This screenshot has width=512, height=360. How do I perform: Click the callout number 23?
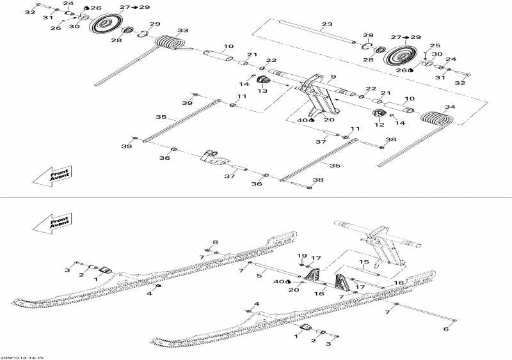pos(327,24)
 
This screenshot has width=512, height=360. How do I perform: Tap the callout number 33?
pos(183,30)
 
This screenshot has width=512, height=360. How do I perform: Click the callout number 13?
pos(262,91)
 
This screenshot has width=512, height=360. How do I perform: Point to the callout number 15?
pos(363,262)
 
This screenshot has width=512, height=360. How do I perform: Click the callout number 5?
pos(259,276)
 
